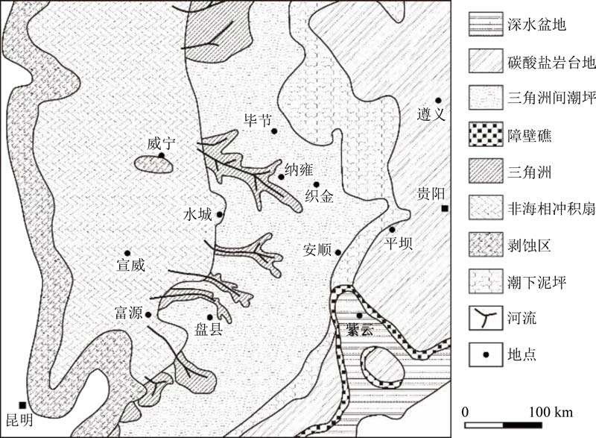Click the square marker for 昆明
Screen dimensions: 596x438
click(23, 405)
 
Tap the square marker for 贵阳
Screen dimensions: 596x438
click(444, 208)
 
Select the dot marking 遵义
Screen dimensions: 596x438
click(438, 101)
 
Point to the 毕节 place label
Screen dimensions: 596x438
click(258, 120)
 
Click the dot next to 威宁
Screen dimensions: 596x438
click(161, 155)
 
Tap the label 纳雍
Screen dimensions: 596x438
click(299, 170)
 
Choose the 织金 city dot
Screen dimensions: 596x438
click(316, 184)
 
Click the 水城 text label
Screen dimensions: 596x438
click(197, 215)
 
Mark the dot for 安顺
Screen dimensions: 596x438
click(338, 252)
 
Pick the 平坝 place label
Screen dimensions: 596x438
click(398, 243)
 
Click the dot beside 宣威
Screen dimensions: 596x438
click(127, 253)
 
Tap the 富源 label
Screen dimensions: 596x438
click(128, 313)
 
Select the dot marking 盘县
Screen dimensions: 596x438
click(209, 317)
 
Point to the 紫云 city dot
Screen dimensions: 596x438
click(359, 316)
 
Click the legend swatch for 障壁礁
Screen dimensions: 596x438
click(486, 134)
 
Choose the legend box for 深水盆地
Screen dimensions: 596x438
click(486, 24)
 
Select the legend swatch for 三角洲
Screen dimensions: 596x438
click(486, 171)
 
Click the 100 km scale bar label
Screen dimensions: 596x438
click(551, 412)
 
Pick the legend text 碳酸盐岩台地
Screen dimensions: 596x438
click(551, 62)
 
